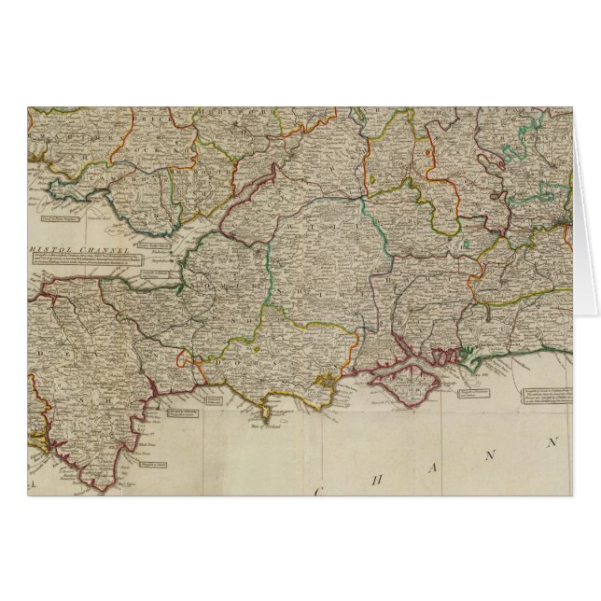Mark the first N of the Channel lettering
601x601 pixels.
coord(491,450)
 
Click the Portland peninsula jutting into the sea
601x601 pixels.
coord(266,409)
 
